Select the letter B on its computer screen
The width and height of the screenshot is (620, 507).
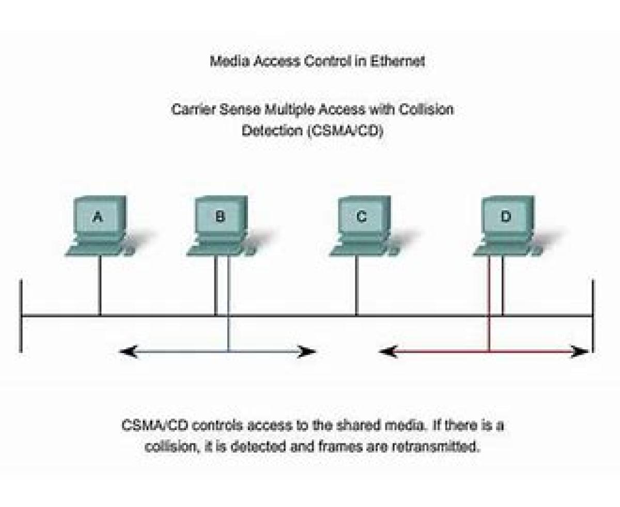click(x=220, y=217)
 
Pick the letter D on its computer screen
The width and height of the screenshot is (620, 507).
click(x=505, y=217)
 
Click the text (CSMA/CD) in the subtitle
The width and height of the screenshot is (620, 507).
click(x=346, y=131)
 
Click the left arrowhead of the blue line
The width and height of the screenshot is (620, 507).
click(x=126, y=352)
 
